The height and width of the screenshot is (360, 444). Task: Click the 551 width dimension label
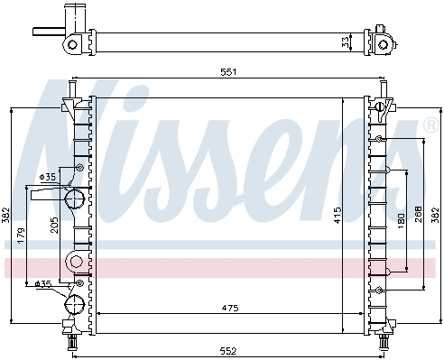tap(228, 72)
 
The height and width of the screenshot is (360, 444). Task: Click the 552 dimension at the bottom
tap(228, 351)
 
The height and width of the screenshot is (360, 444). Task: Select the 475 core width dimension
tap(230, 308)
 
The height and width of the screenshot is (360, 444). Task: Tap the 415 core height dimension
tap(338, 215)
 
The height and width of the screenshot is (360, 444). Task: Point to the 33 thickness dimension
tap(346, 42)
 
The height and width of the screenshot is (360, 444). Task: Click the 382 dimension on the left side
tap(5, 216)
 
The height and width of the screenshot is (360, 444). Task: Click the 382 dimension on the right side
tap(435, 215)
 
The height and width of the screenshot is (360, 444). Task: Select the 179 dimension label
tap(21, 235)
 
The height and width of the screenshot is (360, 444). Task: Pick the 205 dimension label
tap(55, 226)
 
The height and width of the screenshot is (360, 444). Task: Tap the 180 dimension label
tap(401, 221)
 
